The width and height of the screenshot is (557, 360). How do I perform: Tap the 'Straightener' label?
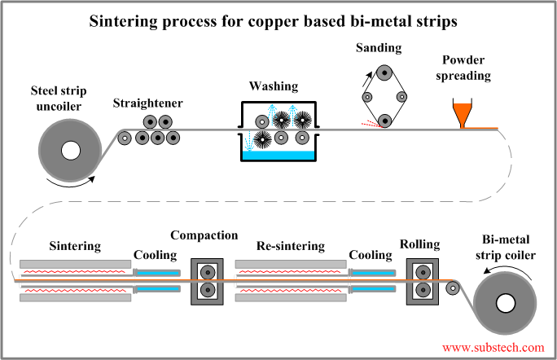coord(148,103)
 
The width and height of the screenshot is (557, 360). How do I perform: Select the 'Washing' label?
coord(277,86)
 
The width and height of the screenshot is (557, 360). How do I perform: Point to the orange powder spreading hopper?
coord(463,113)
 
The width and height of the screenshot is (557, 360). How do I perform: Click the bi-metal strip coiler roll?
coord(506,304)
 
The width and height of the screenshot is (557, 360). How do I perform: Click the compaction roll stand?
coord(205,282)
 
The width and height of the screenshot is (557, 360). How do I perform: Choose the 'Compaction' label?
coord(204,235)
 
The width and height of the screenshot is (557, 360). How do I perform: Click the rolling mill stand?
coord(420,282)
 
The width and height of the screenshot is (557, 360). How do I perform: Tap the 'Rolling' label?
coord(420,244)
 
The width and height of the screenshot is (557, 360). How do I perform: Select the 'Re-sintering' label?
coord(291,245)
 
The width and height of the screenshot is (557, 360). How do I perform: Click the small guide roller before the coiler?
coord(453,287)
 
